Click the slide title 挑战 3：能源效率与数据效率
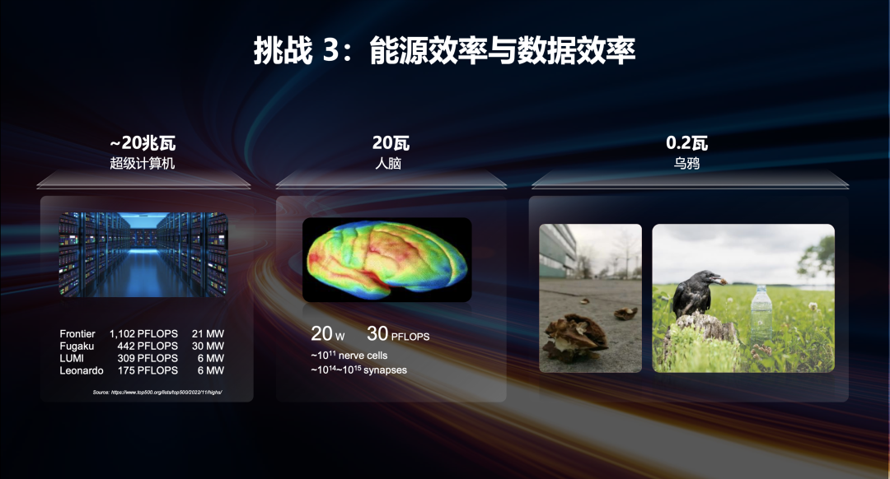point(444,51)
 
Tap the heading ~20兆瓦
point(143,144)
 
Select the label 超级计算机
point(143,164)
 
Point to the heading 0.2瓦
point(686,144)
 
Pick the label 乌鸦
point(686,164)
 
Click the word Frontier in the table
point(77,334)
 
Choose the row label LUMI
point(72,359)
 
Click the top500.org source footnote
point(157,393)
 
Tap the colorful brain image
point(386,258)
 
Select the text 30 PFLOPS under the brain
point(398,335)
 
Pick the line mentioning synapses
point(358,370)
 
